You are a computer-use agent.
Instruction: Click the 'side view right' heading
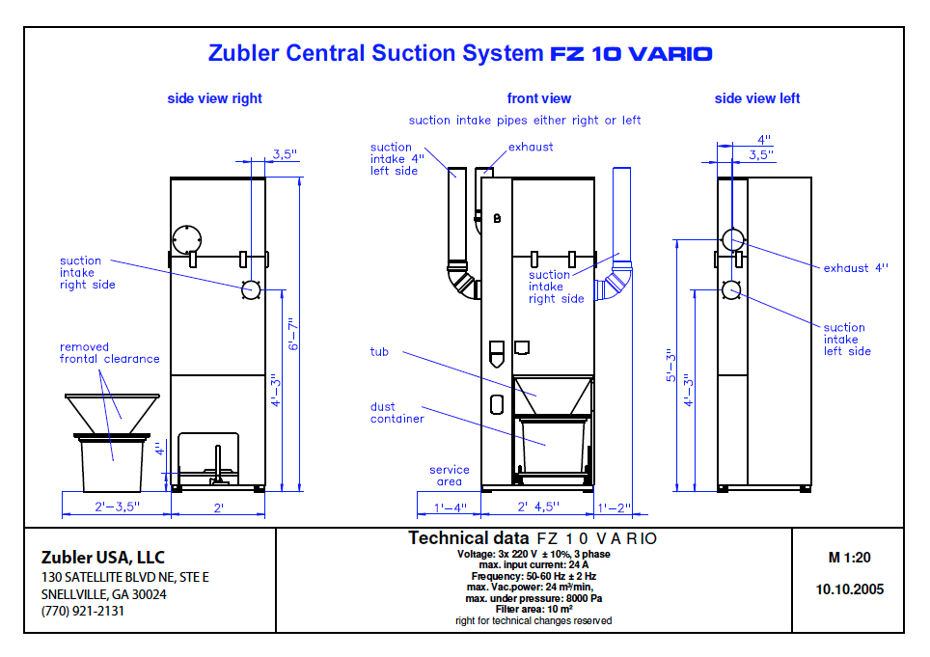[x=214, y=98]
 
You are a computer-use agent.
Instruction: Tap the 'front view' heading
[x=538, y=98]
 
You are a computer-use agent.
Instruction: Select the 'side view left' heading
[x=756, y=98]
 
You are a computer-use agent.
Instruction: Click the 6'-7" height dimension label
[x=293, y=335]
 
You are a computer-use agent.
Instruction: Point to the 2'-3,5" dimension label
[x=117, y=506]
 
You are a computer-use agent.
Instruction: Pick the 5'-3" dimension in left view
[x=670, y=366]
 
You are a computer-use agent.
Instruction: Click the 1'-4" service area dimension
[x=450, y=507]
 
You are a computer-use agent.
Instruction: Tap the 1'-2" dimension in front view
[x=614, y=507]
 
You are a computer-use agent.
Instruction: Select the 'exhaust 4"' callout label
[x=856, y=268]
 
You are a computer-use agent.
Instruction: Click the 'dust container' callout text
[x=397, y=413]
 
